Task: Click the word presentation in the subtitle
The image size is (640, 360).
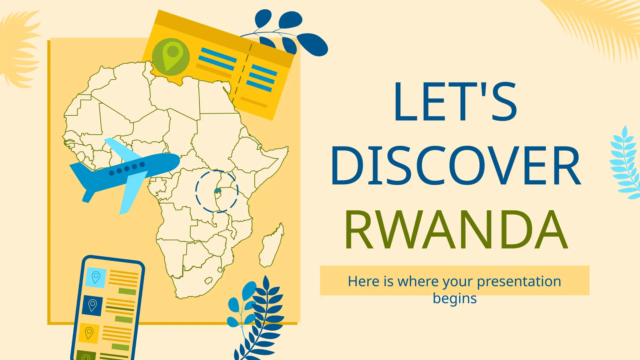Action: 519,281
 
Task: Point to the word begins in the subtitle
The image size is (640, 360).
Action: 455,298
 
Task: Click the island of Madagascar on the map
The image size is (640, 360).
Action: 271,247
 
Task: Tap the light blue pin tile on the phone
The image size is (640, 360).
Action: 96,277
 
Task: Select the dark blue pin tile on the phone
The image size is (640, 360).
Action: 92,305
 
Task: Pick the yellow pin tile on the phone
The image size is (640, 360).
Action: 89,333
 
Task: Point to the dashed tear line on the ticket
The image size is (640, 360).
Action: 241,73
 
